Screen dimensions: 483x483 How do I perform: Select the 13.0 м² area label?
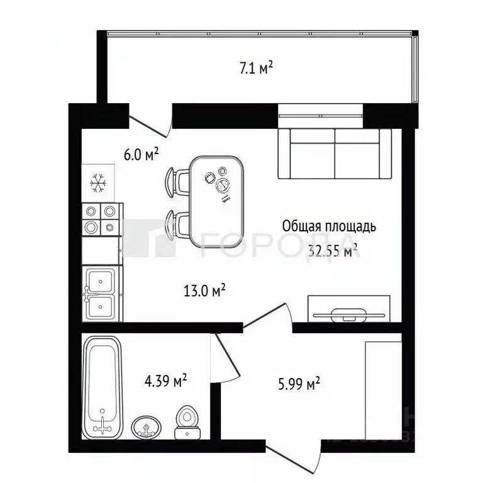(204, 291)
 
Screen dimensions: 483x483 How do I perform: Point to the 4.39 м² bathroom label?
(166, 381)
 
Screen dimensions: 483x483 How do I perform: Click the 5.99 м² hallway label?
(299, 383)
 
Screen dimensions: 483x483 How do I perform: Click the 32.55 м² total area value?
(333, 252)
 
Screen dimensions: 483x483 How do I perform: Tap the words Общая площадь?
(330, 226)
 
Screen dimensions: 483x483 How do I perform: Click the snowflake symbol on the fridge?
(97, 182)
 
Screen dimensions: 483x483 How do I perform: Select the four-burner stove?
(101, 219)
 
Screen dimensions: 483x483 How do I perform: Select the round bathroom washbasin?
(147, 428)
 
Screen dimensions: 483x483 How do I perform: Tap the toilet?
(187, 422)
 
